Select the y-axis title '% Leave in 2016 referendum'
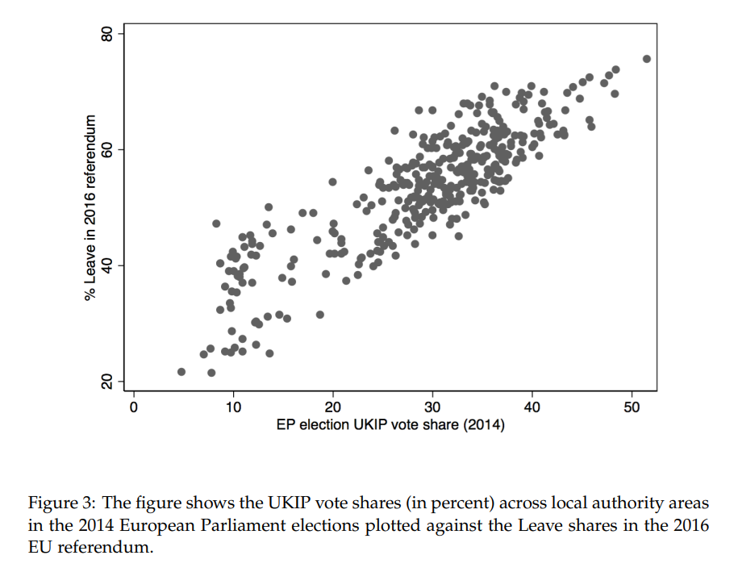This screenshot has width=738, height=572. tap(90, 207)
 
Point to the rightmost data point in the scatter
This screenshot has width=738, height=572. tap(646, 59)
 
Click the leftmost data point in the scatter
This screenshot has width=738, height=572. tap(181, 372)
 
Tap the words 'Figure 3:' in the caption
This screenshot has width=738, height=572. tap(59, 503)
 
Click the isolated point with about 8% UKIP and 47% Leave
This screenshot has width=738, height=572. tap(216, 223)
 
